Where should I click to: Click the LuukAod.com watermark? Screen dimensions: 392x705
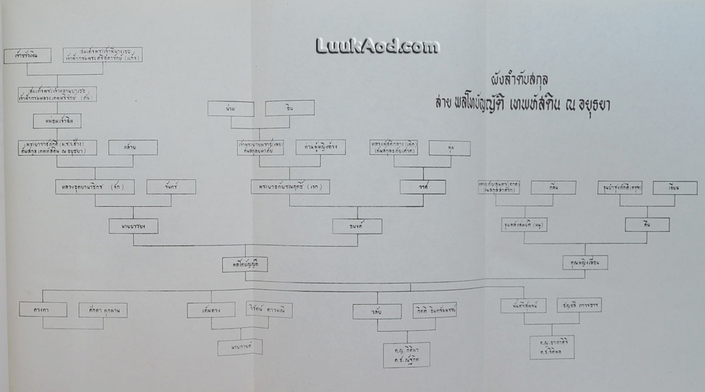pos(377,46)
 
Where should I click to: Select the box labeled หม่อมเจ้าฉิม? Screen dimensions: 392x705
pos(57,120)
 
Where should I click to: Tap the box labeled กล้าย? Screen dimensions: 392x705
pos(133,147)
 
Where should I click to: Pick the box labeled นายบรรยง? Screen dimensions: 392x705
pos(133,226)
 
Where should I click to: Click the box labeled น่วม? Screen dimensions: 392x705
pos(230,108)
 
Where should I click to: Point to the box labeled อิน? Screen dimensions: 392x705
pos(289,108)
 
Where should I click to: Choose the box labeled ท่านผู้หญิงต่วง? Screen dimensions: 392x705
pos(320,146)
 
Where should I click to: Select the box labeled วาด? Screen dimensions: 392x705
pos(422,187)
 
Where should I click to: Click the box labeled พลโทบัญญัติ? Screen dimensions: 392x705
pos(245,264)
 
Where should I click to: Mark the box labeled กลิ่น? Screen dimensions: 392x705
pos(553,187)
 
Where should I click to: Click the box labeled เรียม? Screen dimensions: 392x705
pos(674,187)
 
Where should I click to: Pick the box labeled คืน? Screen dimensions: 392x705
pos(647,225)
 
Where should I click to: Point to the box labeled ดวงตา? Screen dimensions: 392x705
pos(42,309)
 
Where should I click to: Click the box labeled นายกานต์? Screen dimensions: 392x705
pos(239,347)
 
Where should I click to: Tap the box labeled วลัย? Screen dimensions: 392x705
pos(377,311)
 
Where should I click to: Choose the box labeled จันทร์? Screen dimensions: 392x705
pos(171,187)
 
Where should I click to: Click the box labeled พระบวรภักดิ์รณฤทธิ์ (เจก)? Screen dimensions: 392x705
pos(290,187)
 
